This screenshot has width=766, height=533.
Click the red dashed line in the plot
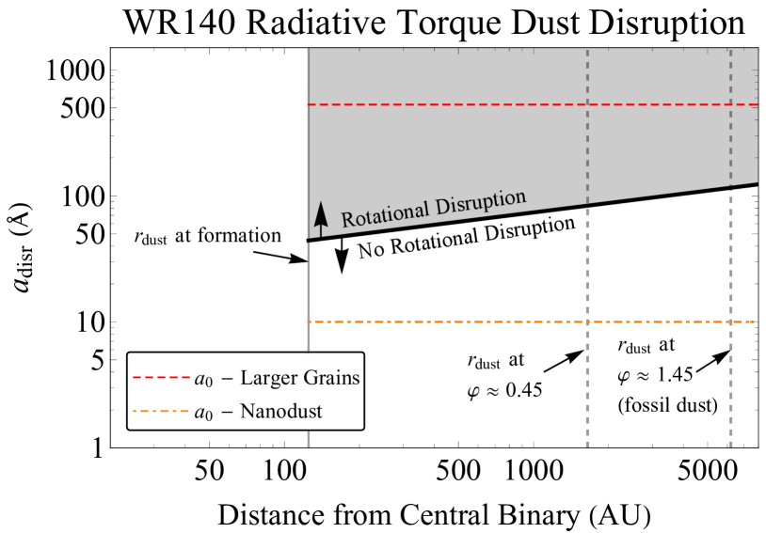click(x=532, y=104)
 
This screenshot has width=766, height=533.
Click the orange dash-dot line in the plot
click(x=532, y=322)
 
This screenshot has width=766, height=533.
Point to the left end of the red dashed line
click(x=309, y=104)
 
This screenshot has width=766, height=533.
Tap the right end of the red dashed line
click(x=757, y=104)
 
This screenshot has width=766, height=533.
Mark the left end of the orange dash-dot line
click(x=309, y=322)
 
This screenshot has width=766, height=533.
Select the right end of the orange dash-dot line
click(x=753, y=322)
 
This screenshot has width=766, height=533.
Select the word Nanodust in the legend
click(x=281, y=412)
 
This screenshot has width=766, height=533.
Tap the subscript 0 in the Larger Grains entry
click(x=209, y=384)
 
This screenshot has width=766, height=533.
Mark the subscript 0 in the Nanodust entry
click(x=209, y=416)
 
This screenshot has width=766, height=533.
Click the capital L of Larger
click(x=246, y=379)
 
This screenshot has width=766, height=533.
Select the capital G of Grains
click(x=309, y=379)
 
